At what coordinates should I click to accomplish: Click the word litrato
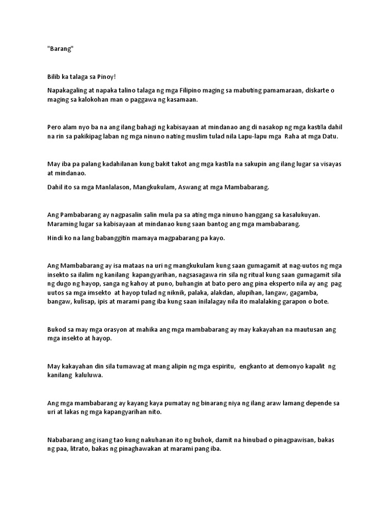click(81, 449)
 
